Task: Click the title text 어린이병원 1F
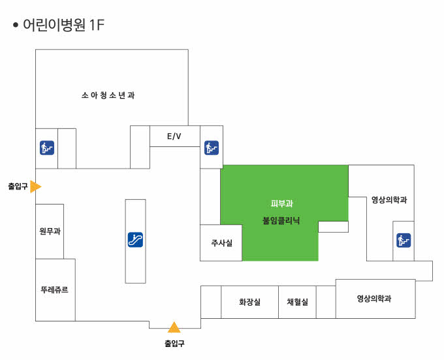63,25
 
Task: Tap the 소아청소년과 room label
108,95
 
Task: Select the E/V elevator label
174,137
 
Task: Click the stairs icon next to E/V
211,147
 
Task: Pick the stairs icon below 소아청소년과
46,147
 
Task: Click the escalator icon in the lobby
135,240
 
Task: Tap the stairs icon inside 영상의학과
404,240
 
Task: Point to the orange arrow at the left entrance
35,186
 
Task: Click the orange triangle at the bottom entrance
174,327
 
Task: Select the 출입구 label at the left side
18,186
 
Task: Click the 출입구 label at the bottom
174,343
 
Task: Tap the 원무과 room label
50,231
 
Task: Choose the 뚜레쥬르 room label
54,289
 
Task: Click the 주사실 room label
221,243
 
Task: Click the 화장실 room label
249,303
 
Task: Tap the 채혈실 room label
297,303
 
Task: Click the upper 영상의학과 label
389,200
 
